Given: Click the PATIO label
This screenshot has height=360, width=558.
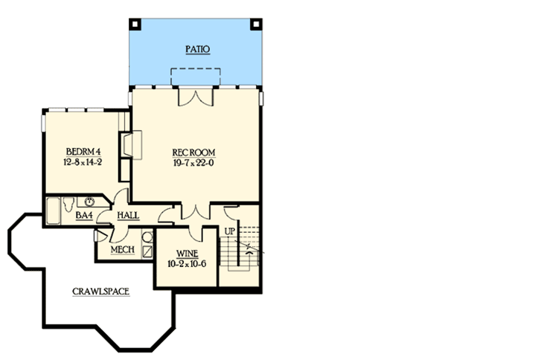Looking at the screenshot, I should [x=197, y=50].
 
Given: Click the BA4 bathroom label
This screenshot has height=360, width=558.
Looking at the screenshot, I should [x=84, y=216].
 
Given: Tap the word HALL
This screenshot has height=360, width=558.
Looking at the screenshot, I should [x=128, y=216].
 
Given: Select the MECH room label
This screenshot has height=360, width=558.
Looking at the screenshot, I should [x=122, y=248].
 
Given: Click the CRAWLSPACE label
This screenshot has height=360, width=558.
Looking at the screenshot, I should [x=101, y=291].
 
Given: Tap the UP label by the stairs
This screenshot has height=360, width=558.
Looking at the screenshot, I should [x=230, y=232].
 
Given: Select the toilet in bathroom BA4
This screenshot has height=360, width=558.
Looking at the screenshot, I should [x=69, y=202].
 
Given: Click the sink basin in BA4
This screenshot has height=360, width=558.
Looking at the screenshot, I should [x=90, y=201].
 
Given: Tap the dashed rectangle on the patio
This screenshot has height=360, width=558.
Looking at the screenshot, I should [x=196, y=77].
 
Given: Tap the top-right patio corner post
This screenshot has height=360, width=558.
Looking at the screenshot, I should [x=257, y=22].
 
